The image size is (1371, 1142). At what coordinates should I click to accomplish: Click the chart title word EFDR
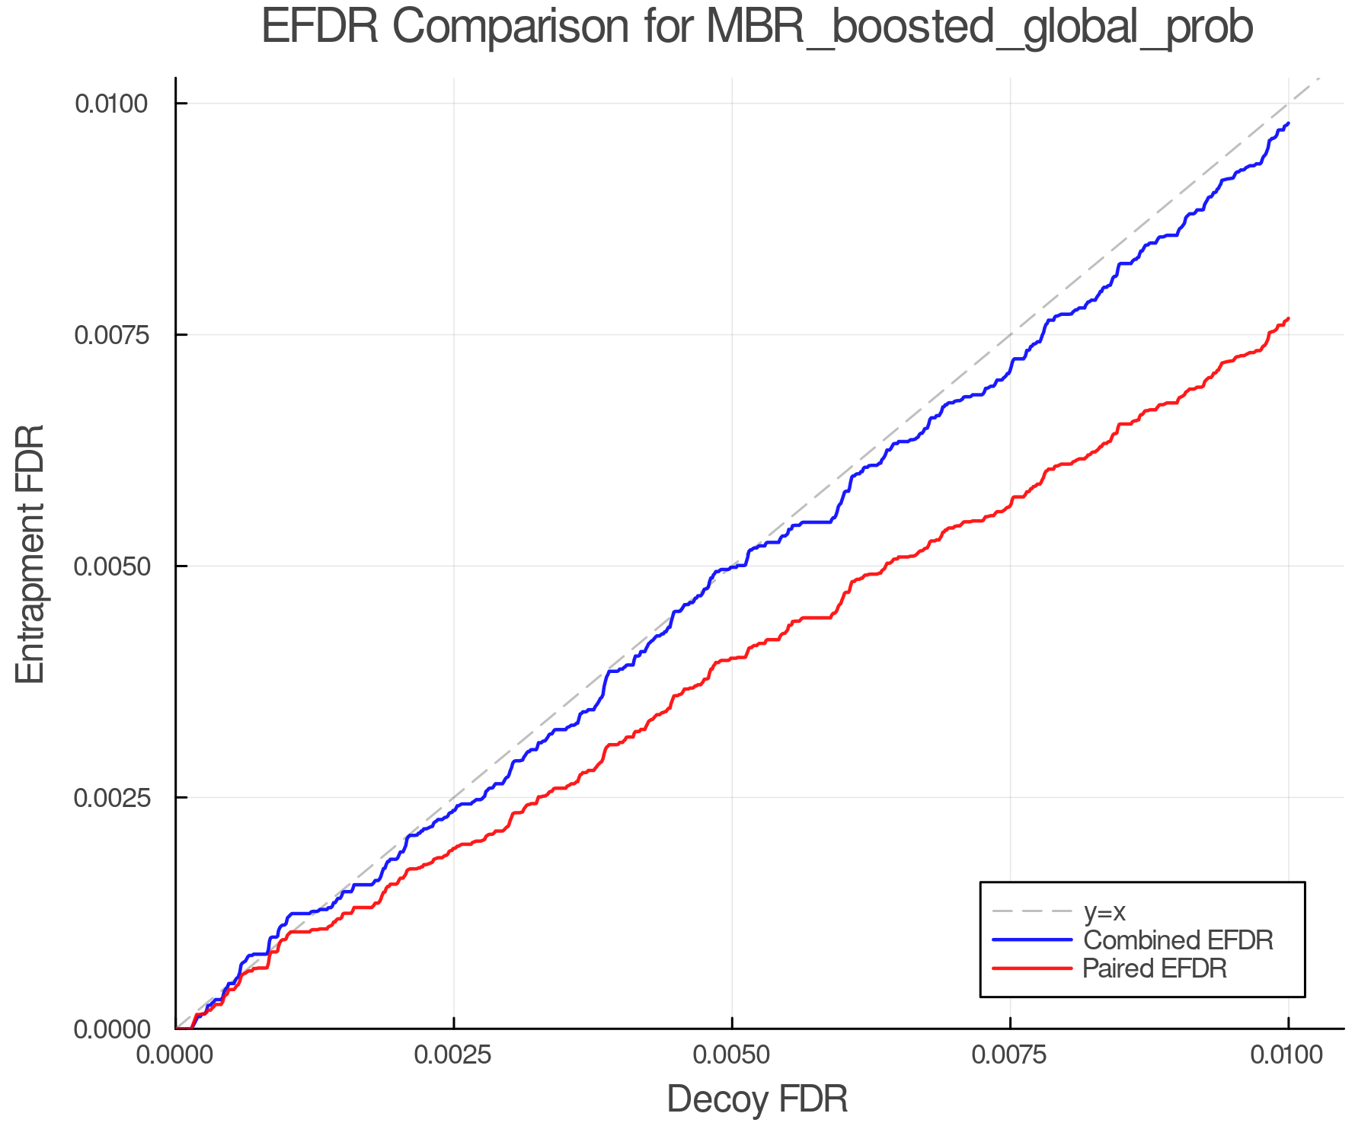319,27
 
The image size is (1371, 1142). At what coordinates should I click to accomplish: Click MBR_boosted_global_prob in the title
980,29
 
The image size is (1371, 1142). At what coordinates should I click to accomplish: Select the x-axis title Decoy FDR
757,1099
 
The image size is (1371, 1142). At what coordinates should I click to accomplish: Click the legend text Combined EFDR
1178,940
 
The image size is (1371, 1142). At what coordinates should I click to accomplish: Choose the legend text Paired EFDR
1155,968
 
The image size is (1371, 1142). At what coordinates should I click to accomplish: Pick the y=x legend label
1104,911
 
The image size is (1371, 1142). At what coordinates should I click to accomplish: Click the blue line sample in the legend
1032,940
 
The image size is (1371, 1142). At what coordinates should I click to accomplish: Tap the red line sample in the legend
1032,968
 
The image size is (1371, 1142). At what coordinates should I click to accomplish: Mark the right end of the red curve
1288,318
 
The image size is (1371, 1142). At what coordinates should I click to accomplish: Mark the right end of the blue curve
1288,123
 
